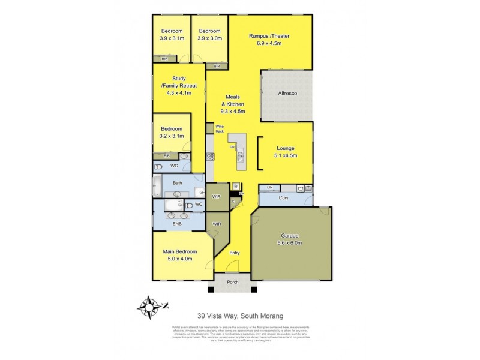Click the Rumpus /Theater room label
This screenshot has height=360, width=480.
point(269,40)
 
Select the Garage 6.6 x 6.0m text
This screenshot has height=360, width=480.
point(290,239)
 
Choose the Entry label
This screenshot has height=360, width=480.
point(235,253)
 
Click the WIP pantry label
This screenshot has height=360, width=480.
point(217,196)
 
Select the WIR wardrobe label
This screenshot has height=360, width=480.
point(216,225)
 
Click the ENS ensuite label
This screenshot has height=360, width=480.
point(178,224)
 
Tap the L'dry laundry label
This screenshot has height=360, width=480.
point(285,197)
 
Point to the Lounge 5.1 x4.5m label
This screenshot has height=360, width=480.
point(286,151)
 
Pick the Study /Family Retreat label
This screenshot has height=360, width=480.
point(179,86)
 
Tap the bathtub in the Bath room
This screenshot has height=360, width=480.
point(157,187)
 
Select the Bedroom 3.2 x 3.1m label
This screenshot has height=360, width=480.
point(172,132)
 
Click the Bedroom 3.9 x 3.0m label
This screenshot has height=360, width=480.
point(210,35)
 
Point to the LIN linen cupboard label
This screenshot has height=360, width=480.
point(270,188)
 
